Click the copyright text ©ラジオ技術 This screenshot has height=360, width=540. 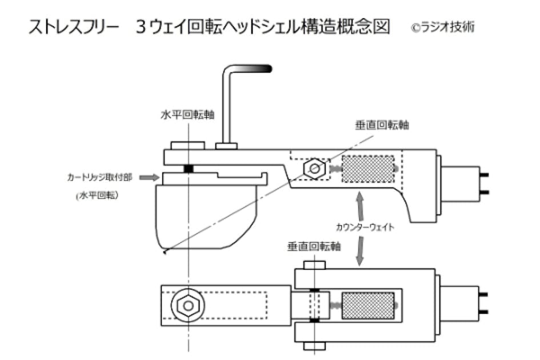(442, 27)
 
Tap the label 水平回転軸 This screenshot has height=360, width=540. (187, 114)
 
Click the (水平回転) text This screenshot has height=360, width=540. (98, 195)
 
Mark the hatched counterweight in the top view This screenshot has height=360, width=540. (367, 305)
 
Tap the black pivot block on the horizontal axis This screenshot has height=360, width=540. (187, 169)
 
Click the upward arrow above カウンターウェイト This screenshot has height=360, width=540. (359, 202)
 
